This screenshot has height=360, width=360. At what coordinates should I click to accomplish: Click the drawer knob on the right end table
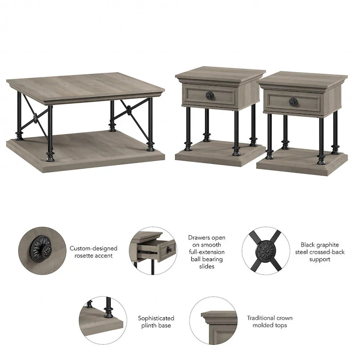[292, 102]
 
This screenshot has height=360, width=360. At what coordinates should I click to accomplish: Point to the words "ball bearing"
[207, 259]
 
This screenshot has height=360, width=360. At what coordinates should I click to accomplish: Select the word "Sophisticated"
[156, 318]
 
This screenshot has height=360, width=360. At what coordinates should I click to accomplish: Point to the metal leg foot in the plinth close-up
[108, 311]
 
